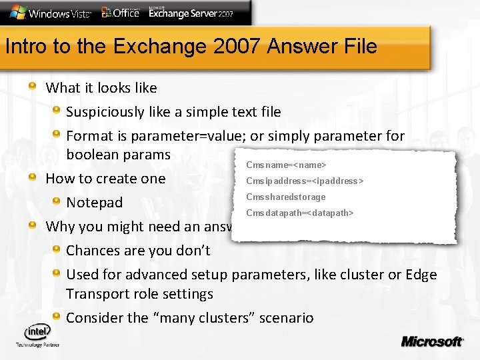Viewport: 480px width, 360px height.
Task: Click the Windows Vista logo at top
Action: (x=49, y=13)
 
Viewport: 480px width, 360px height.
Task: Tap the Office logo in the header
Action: (x=120, y=12)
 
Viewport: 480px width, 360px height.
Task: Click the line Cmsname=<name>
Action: (x=285, y=165)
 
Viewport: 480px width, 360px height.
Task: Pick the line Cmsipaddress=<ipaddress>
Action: (x=305, y=181)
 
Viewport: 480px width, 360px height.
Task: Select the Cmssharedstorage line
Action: (x=285, y=197)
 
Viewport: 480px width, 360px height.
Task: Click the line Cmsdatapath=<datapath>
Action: (x=299, y=213)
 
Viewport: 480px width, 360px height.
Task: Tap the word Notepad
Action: (x=95, y=203)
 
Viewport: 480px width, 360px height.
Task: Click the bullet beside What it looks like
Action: (x=33, y=87)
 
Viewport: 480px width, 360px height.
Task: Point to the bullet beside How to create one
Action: (x=33, y=177)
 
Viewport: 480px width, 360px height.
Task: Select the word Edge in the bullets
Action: (x=420, y=275)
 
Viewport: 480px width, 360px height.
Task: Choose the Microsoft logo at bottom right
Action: (x=431, y=341)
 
